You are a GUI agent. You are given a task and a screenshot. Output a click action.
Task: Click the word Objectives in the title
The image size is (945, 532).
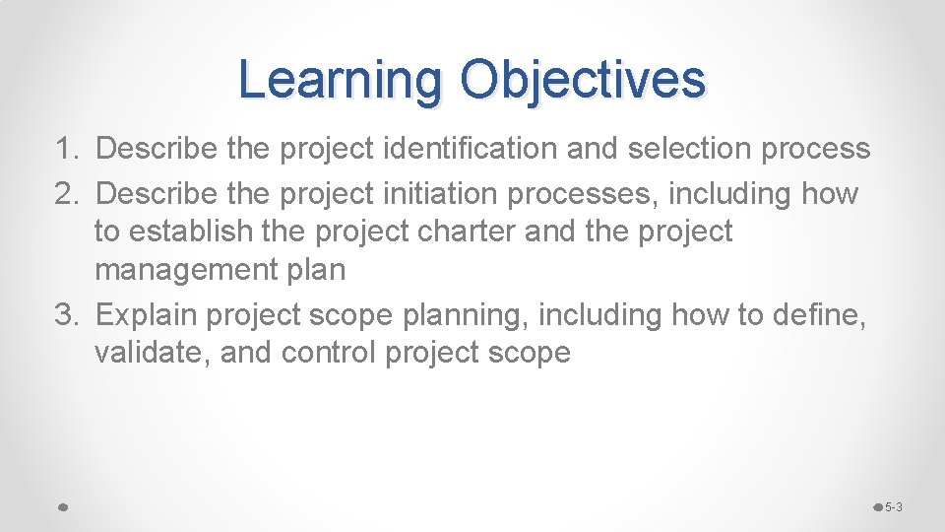[583, 80]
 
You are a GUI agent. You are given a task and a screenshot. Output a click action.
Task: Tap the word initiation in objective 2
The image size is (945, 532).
[450, 194]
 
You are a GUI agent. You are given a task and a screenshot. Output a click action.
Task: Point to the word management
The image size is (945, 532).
[181, 269]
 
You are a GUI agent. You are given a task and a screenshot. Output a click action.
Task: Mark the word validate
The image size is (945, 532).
[153, 353]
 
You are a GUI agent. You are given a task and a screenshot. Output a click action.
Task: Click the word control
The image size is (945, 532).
[329, 353]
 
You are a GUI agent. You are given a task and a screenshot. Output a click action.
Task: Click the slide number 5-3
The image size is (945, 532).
[894, 507]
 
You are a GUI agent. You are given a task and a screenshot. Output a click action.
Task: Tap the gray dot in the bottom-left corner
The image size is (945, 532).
[61, 507]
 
